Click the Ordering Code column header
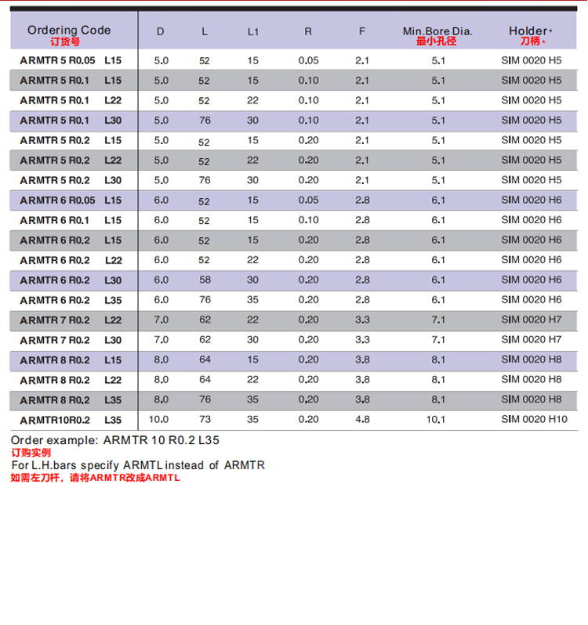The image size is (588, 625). pyautogui.click(x=69, y=31)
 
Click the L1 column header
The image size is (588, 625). pyautogui.click(x=252, y=32)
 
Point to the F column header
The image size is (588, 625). pyautogui.click(x=361, y=32)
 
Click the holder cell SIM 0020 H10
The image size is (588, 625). pyautogui.click(x=534, y=420)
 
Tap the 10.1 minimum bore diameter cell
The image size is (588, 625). pyautogui.click(x=436, y=420)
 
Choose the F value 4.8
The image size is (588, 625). pyautogui.click(x=362, y=420)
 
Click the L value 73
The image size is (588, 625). pyautogui.click(x=205, y=420)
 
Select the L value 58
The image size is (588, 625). pyautogui.click(x=205, y=280)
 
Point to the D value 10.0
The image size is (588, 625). pyautogui.click(x=159, y=420)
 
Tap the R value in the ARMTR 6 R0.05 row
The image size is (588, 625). pyautogui.click(x=308, y=201)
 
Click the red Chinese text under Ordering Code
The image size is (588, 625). pyautogui.click(x=65, y=42)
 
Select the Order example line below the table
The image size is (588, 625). pyautogui.click(x=115, y=440)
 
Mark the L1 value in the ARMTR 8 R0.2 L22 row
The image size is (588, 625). pyautogui.click(x=252, y=380)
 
